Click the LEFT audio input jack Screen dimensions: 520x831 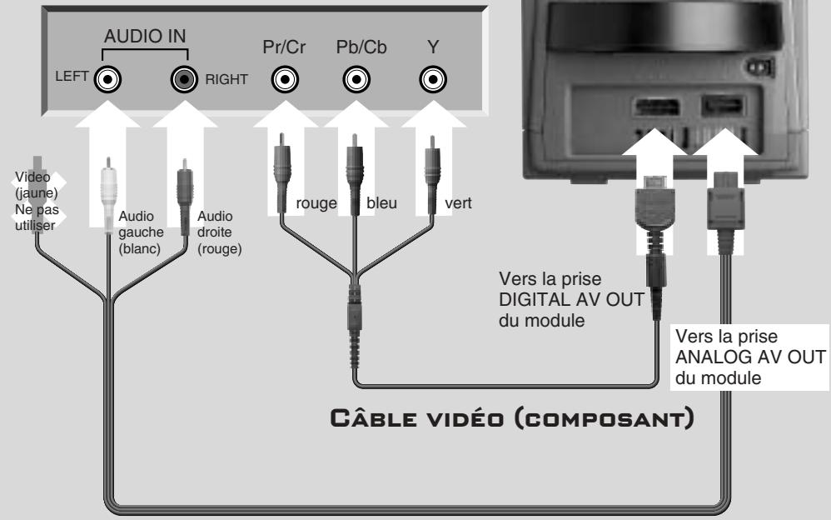[x=108, y=80]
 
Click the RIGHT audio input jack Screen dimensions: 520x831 [x=183, y=80]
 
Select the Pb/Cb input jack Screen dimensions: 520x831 [x=356, y=80]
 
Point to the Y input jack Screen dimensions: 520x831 [x=430, y=80]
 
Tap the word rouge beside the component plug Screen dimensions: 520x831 [x=316, y=204]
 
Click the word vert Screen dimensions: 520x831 [x=458, y=204]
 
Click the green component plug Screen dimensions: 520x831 [x=430, y=179]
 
